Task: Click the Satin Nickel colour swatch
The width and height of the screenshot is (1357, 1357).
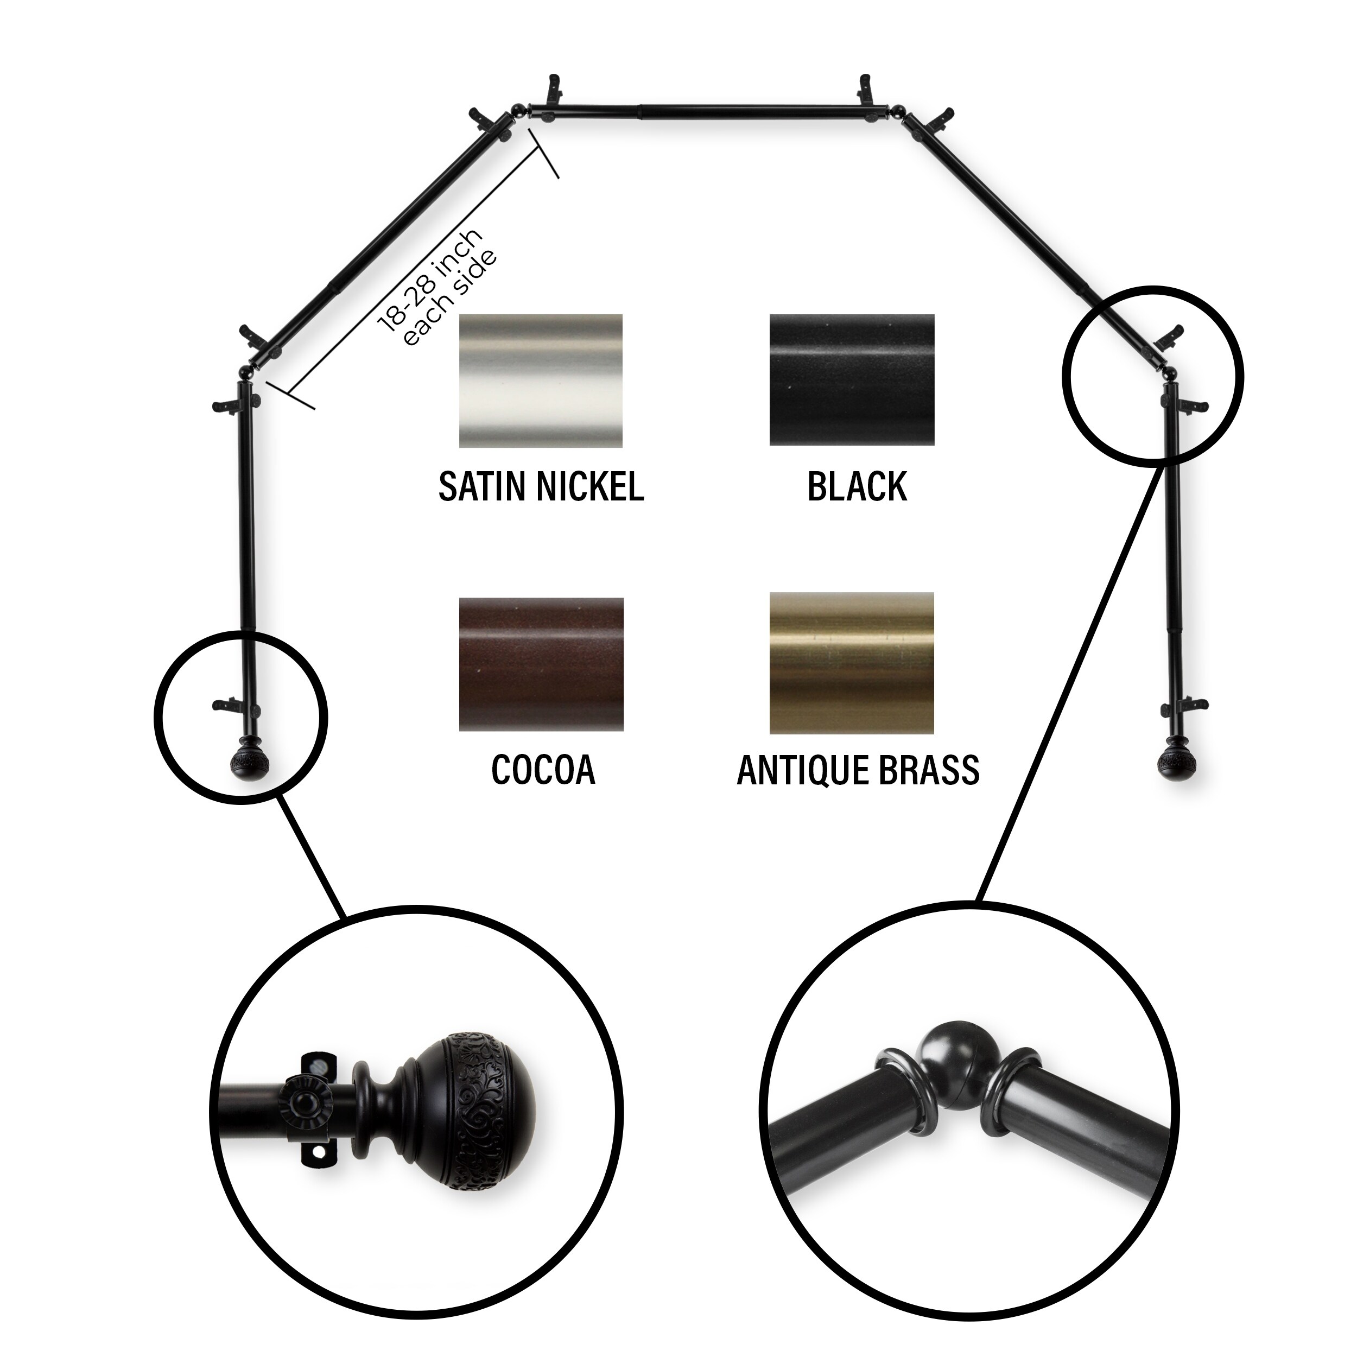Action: tap(540, 380)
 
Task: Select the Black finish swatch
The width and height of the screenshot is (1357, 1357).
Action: tap(851, 379)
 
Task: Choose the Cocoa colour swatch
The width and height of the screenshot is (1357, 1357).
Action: tap(541, 664)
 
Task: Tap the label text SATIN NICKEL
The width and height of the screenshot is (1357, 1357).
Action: tap(541, 486)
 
